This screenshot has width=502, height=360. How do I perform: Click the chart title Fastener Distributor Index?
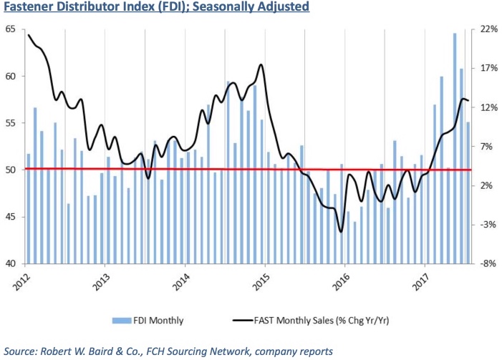pyautogui.click(x=155, y=8)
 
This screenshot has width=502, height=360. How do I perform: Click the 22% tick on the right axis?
pyautogui.click(x=488, y=29)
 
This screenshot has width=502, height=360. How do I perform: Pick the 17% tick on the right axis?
pyautogui.click(x=488, y=69)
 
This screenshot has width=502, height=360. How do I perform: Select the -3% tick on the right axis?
pyautogui.click(x=488, y=225)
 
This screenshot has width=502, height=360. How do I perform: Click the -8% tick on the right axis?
pyautogui.click(x=488, y=263)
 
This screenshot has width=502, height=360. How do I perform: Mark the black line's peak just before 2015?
pyautogui.click(x=260, y=65)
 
